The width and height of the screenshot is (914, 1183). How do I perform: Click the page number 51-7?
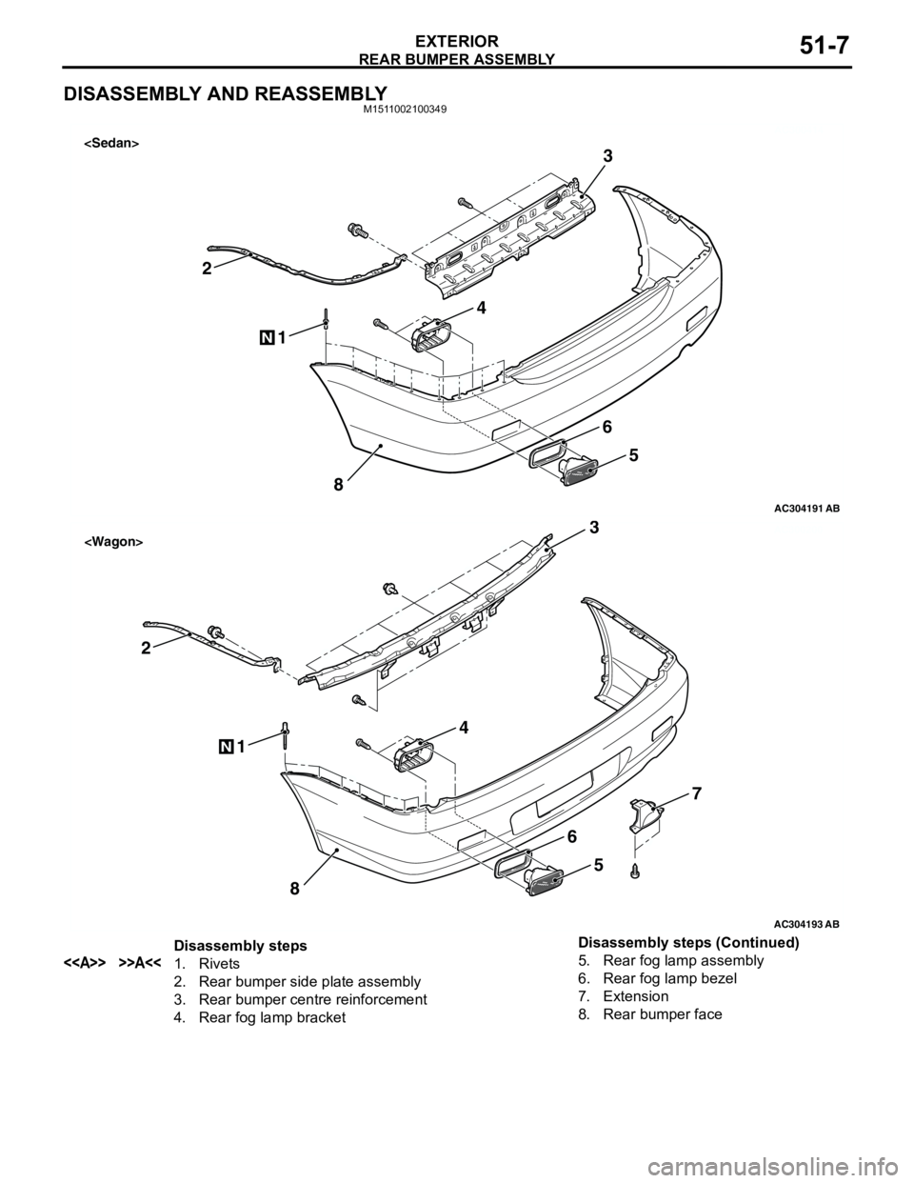(x=825, y=45)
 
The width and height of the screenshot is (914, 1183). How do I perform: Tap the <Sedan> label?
(x=111, y=143)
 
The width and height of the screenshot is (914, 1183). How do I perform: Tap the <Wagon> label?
(x=113, y=542)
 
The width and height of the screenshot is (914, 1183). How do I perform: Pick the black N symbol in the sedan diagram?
(x=267, y=338)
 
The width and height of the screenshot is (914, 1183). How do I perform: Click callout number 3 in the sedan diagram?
(x=607, y=156)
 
